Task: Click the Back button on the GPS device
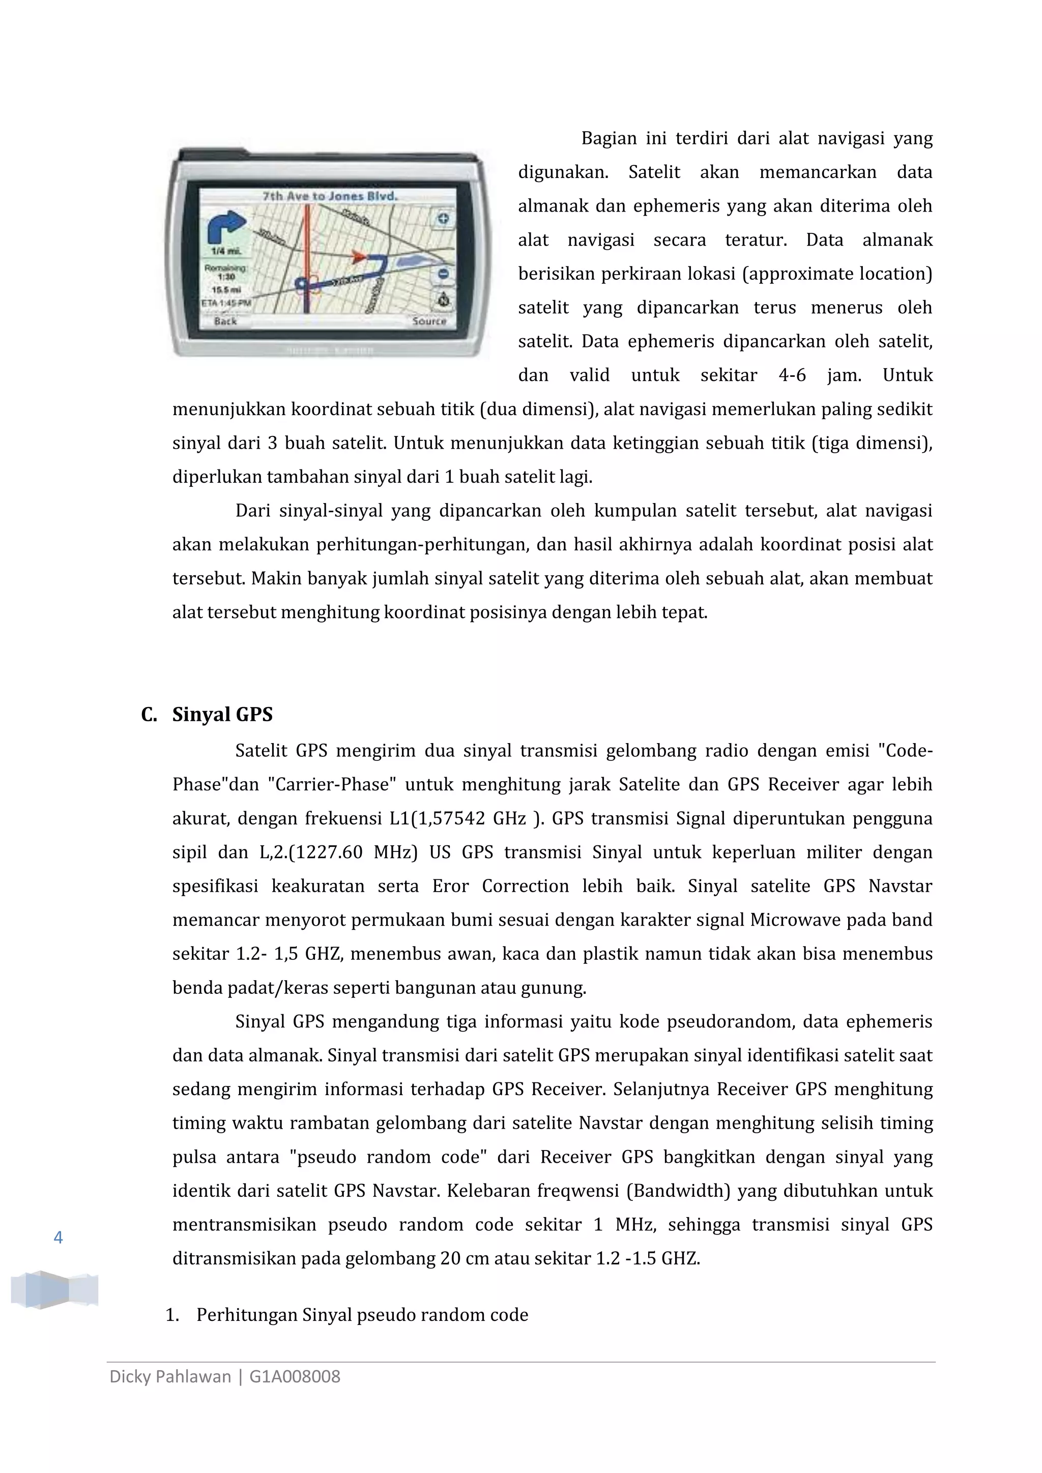tap(225, 321)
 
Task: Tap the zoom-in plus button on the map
tap(443, 219)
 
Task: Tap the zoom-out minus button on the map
tap(443, 275)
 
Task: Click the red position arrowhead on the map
tap(359, 257)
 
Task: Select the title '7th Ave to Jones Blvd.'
tap(330, 196)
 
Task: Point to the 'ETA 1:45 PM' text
tap(226, 302)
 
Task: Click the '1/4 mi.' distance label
tap(226, 251)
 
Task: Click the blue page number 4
tap(59, 1238)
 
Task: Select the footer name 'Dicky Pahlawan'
tap(170, 1377)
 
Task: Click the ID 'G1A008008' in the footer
tap(295, 1377)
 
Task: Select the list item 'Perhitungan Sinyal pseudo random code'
tap(362, 1315)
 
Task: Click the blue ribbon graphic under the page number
tap(54, 1289)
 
